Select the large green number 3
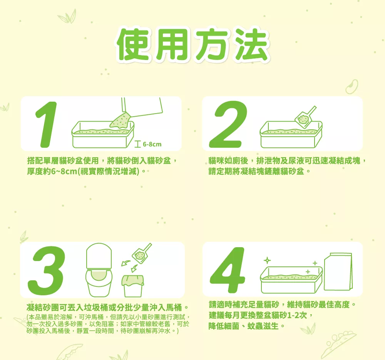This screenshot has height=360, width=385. click(x=47, y=270)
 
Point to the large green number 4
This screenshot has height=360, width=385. click(x=228, y=270)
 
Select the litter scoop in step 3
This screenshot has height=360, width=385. click(x=142, y=253)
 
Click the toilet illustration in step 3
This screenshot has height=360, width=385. click(x=99, y=270)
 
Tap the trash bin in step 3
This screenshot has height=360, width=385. click(x=133, y=286)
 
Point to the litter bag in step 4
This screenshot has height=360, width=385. click(x=338, y=271)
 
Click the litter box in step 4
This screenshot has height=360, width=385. click(x=291, y=280)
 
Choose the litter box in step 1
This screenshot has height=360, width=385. click(x=103, y=135)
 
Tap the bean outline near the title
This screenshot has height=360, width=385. click(x=352, y=87)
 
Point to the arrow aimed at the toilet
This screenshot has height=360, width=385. click(x=126, y=263)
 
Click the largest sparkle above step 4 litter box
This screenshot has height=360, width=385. click(x=267, y=260)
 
